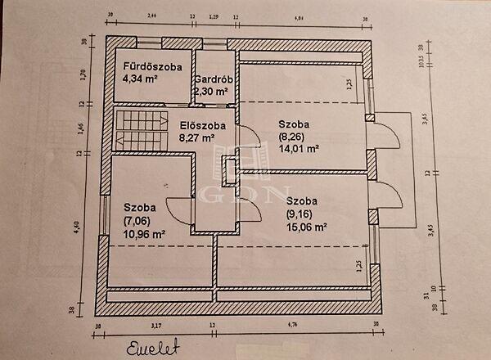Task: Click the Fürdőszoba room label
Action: click(152, 66)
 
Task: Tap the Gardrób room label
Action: click(215, 79)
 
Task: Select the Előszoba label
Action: click(196, 125)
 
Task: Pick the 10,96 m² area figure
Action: click(144, 233)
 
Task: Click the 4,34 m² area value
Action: click(139, 79)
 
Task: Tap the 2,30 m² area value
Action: click(211, 92)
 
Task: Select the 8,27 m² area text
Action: click(196, 138)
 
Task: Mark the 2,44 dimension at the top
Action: click(151, 16)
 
